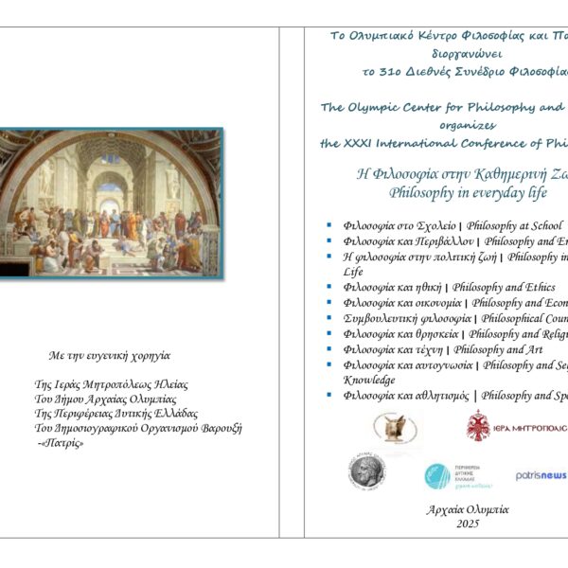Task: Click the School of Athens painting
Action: (112, 204)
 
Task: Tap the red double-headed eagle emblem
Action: (478, 427)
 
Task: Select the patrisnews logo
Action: (541, 474)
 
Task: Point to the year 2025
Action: (468, 524)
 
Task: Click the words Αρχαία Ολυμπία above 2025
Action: (468, 509)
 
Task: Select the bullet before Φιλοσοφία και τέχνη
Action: (328, 349)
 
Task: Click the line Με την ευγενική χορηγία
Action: (110, 356)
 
